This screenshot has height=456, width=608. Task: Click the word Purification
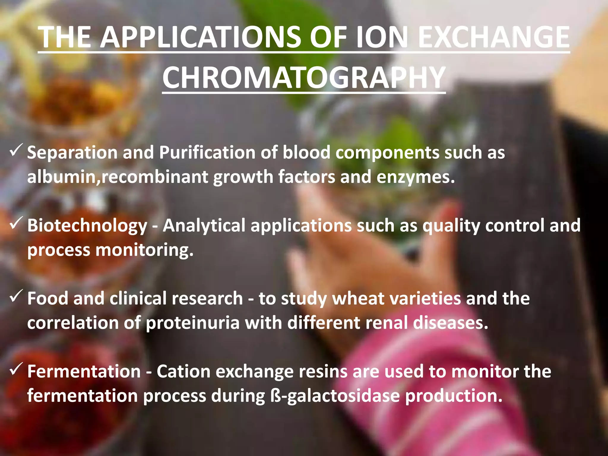(207, 153)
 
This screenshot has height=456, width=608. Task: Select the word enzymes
(416, 178)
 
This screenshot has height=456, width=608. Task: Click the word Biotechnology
(87, 226)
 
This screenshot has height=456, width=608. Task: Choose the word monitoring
(144, 250)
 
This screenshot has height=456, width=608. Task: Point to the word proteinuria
(193, 323)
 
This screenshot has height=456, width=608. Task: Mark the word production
(454, 396)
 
